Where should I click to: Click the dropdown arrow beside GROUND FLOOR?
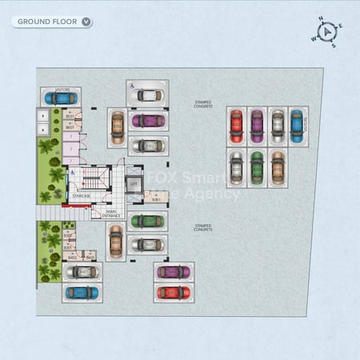point(86,22)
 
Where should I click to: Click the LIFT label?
point(133,183)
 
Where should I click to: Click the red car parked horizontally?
point(174,293)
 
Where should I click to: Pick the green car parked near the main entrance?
point(147,221)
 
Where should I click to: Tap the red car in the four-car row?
point(236,126)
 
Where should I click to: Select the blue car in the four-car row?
point(297,126)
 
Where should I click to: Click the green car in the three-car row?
point(257,168)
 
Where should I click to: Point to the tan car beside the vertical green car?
point(277,168)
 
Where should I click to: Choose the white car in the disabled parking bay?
point(148,95)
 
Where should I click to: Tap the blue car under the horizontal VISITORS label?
point(61,98)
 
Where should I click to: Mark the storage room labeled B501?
point(70,116)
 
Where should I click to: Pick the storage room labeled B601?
point(70,126)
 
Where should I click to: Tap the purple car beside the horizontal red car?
point(174,272)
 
